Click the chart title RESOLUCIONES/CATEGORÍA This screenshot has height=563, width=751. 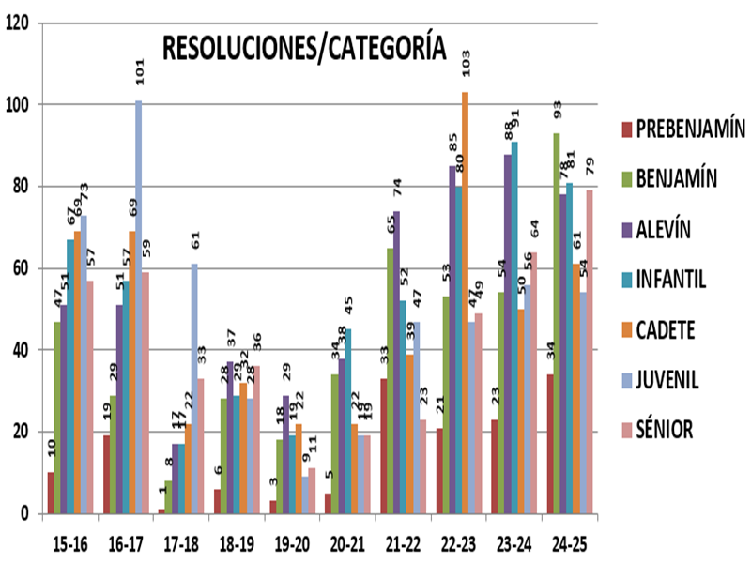[303, 48]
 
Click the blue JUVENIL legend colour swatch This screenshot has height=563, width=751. [625, 380]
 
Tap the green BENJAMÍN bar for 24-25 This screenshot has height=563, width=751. [557, 324]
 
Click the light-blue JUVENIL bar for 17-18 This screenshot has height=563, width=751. [193, 388]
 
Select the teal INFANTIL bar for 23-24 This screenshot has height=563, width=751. [513, 327]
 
